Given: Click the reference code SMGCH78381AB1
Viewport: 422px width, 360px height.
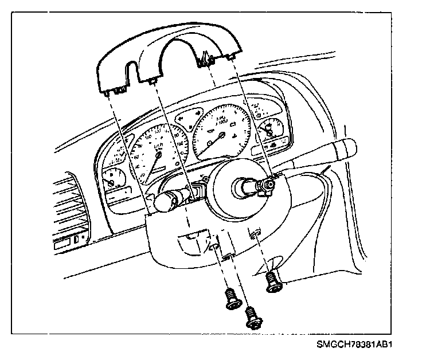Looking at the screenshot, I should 357,346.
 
